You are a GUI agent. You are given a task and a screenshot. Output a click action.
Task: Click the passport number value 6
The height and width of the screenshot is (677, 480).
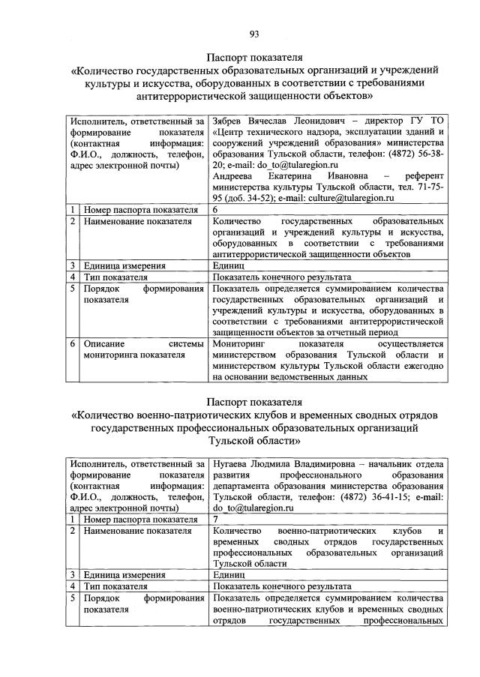215,210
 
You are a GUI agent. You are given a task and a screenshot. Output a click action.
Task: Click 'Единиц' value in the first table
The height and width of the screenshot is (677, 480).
228,265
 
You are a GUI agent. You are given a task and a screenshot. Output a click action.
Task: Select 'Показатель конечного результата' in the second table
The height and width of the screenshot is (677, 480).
281,586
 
